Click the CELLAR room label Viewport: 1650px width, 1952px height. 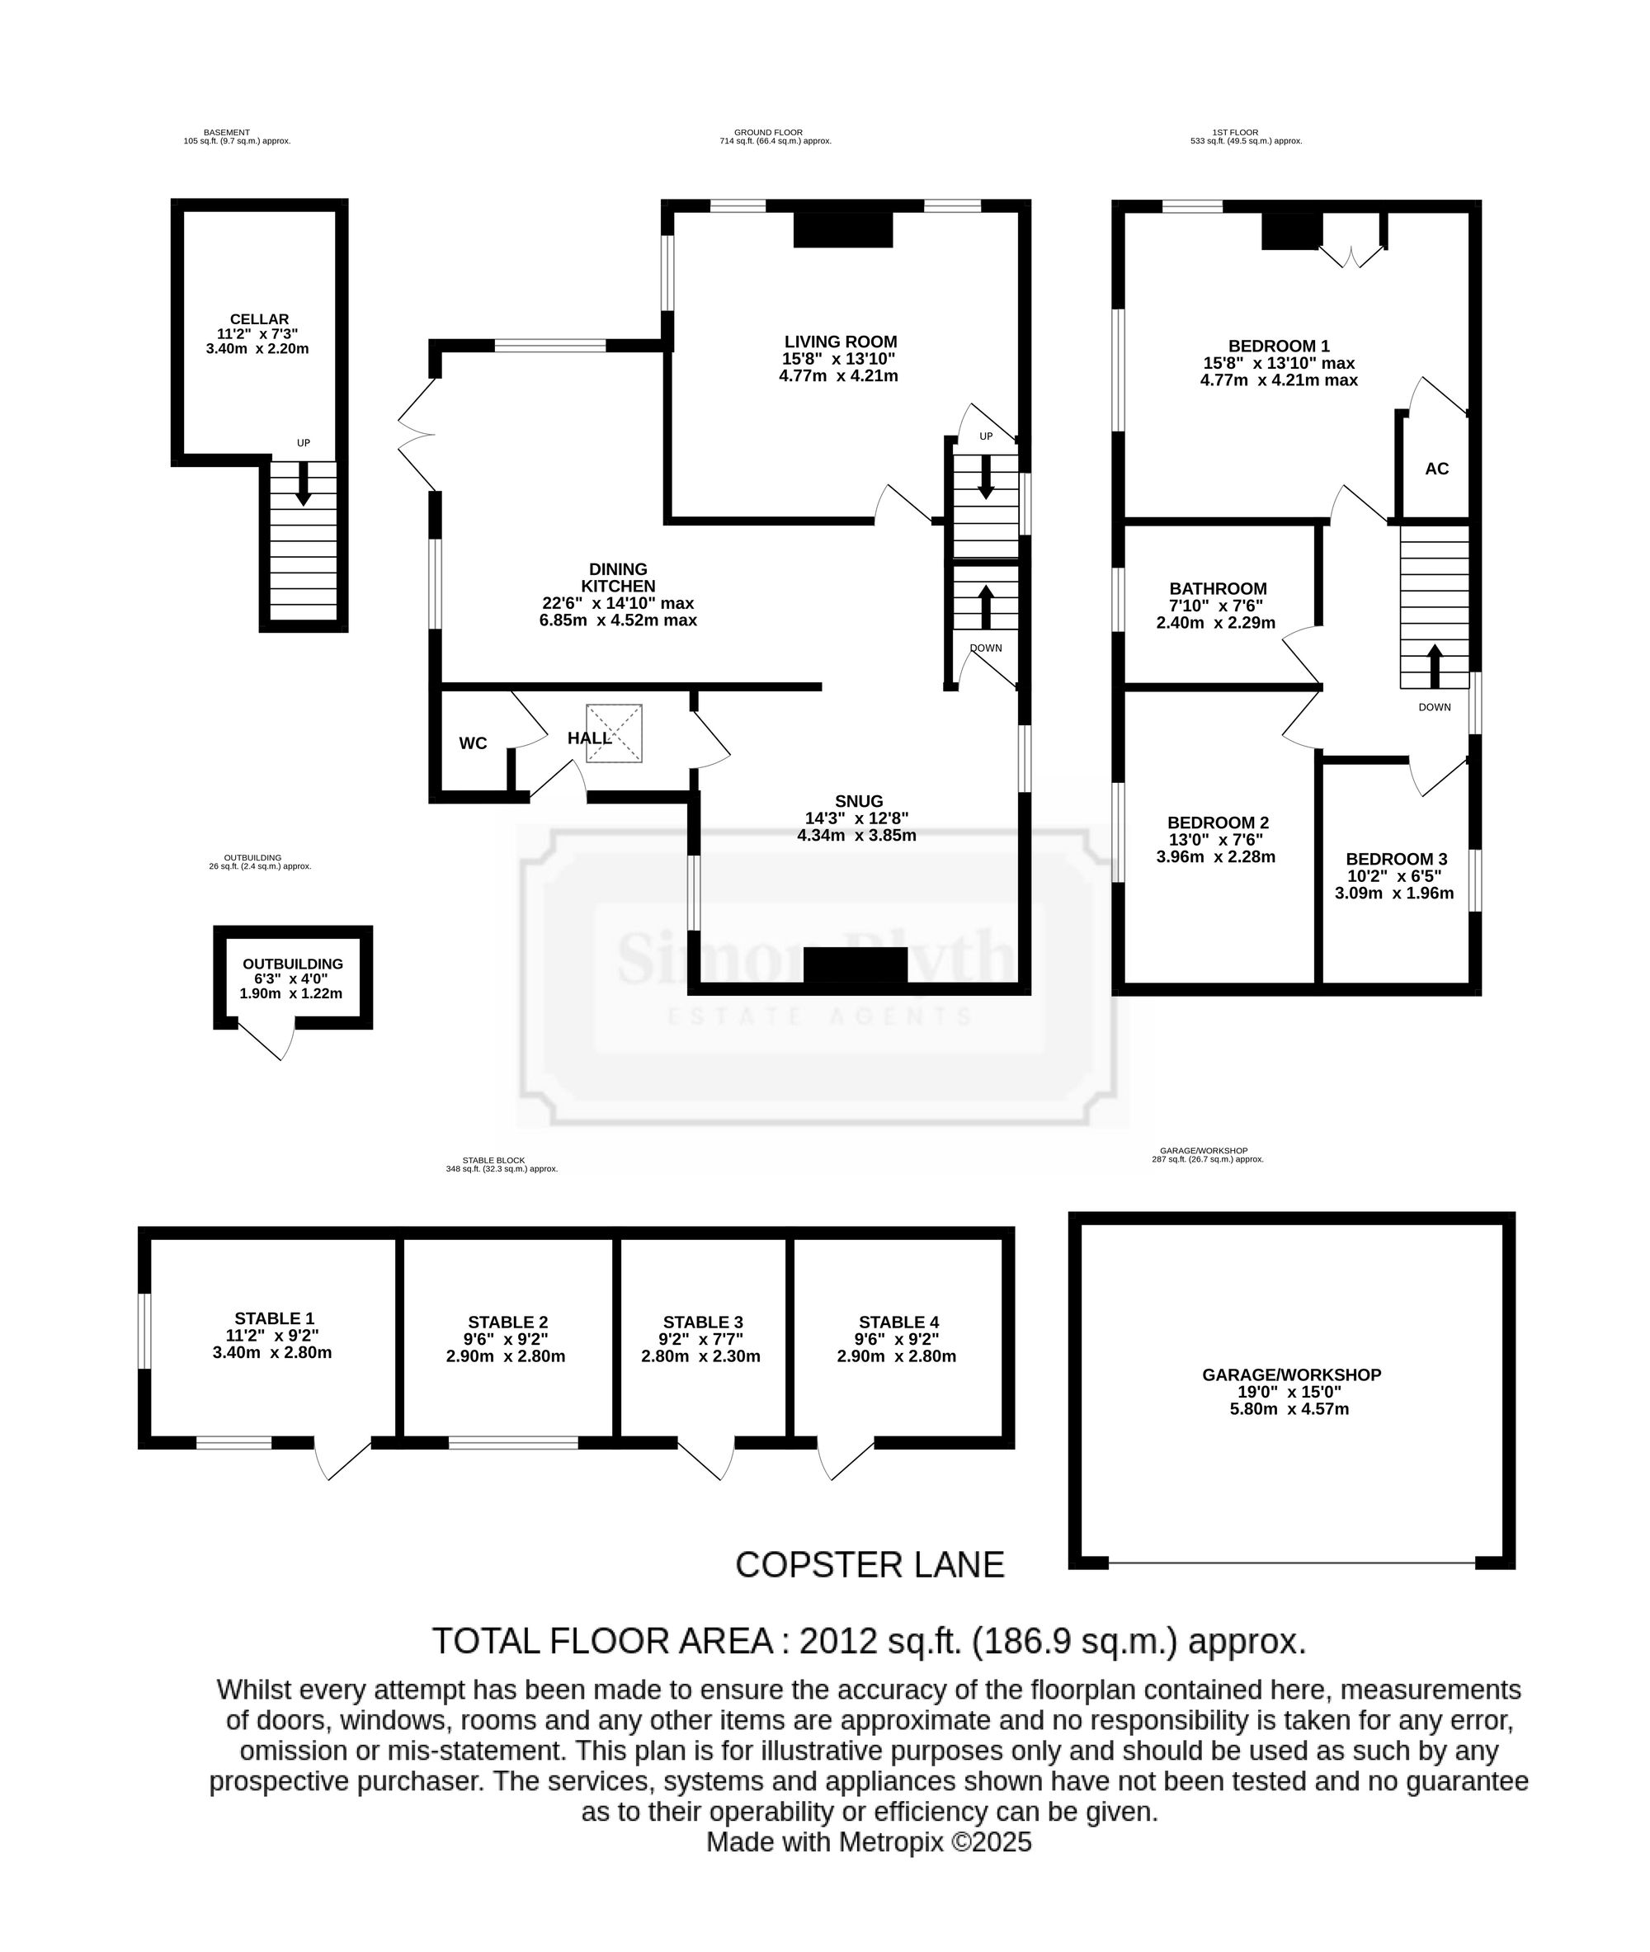[259, 319]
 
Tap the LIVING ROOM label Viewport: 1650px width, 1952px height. [840, 342]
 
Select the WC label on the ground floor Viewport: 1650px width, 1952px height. [474, 743]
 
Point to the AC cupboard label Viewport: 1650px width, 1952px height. [1436, 469]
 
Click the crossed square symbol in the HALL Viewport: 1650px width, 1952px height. [614, 733]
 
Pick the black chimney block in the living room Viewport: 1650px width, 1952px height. [843, 230]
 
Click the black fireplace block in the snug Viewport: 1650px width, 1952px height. [856, 965]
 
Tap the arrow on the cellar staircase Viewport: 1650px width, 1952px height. [303, 483]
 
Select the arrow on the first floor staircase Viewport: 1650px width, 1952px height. [1435, 666]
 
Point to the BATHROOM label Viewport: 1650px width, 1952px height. [1218, 588]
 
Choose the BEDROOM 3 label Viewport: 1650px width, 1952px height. [1397, 859]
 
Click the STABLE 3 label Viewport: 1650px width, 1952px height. [704, 1322]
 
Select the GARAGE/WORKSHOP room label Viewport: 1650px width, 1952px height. [1292, 1375]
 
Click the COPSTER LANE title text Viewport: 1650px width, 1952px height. [870, 1565]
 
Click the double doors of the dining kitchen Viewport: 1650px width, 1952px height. [417, 434]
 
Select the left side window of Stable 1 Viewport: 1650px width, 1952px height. [144, 1330]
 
